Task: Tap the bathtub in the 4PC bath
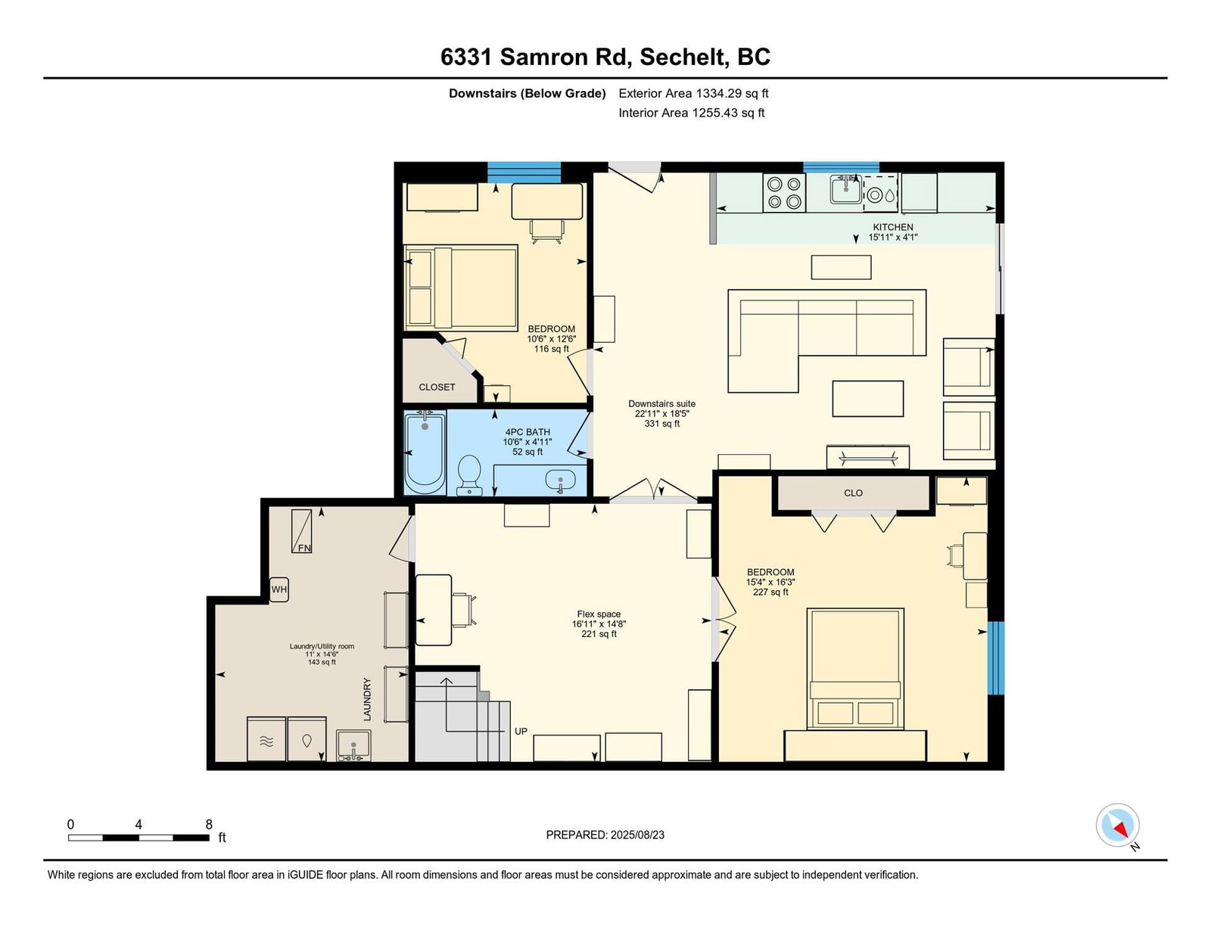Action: [x=425, y=452]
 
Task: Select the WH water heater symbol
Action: [x=279, y=589]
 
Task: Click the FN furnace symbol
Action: [x=301, y=530]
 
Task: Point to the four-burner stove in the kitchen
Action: [x=784, y=192]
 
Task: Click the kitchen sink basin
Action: [x=845, y=189]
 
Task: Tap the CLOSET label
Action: [x=437, y=387]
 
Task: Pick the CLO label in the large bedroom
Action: [x=853, y=493]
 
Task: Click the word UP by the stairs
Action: [x=521, y=731]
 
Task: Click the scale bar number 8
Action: [x=209, y=824]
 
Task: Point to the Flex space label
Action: [x=599, y=614]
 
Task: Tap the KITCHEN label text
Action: [x=893, y=227]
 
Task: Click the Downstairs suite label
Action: [x=662, y=403]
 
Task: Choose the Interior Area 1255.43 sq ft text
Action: [x=691, y=113]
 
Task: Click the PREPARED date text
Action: [x=605, y=835]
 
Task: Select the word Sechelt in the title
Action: [x=684, y=57]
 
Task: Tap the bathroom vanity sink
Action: [x=560, y=480]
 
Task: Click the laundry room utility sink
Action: [x=353, y=745]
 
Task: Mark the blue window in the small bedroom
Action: [x=524, y=173]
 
